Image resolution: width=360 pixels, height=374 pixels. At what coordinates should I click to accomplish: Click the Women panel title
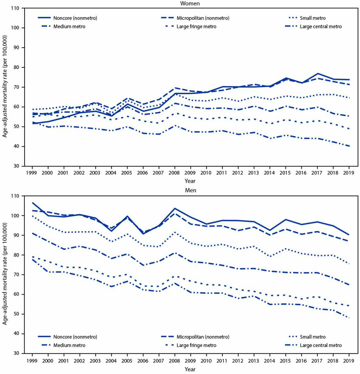[x=190, y=3]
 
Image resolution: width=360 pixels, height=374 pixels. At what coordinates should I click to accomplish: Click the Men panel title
[x=190, y=190]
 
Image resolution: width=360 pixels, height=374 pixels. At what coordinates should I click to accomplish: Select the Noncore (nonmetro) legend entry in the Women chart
[x=75, y=18]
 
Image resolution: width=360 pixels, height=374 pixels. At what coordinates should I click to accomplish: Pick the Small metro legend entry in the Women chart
[x=313, y=18]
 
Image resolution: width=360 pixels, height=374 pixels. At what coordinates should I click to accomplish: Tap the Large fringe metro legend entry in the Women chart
[x=196, y=26]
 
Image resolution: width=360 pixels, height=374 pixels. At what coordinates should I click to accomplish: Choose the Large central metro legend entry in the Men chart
[x=321, y=345]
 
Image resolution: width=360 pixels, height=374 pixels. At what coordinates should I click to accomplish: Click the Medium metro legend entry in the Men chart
[x=69, y=345]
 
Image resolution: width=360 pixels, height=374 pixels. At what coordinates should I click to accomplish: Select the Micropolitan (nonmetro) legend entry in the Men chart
[x=203, y=337]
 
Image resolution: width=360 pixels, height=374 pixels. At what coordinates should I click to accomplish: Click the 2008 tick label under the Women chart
[x=175, y=173]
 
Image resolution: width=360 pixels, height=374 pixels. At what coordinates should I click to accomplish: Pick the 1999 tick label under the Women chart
[x=32, y=173]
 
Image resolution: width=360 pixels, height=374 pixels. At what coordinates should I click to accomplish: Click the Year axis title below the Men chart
[x=190, y=369]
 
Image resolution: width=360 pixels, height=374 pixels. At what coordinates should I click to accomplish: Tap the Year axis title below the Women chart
[x=190, y=181]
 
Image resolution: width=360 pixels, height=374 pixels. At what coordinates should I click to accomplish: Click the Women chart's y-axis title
[x=5, y=87]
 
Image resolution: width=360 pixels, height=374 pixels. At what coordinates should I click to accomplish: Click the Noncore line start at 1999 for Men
[x=32, y=203]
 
